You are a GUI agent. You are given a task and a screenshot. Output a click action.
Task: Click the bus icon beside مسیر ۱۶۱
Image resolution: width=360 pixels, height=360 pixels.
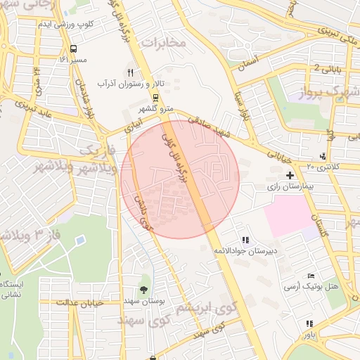[x=74, y=49]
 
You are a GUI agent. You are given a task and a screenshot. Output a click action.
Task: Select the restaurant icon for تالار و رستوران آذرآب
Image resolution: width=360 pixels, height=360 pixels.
[x=130, y=72]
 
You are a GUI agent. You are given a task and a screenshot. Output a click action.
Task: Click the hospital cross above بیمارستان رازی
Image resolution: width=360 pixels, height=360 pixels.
[x=290, y=174]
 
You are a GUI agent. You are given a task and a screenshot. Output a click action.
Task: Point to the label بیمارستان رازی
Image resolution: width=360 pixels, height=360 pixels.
[x=286, y=188]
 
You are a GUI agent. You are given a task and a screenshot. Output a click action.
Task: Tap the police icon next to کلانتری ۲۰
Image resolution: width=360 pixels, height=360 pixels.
[x=322, y=155]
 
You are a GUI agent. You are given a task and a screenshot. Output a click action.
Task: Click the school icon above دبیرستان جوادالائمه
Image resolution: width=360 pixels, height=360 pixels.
[x=245, y=240]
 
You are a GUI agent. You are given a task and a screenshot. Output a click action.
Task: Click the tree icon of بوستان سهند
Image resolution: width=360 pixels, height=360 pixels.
[x=143, y=290]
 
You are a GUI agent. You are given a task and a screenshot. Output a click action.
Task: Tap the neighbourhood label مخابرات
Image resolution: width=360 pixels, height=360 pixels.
[x=164, y=44]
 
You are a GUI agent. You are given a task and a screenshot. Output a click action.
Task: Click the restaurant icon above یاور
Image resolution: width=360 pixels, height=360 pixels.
[x=309, y=323]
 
